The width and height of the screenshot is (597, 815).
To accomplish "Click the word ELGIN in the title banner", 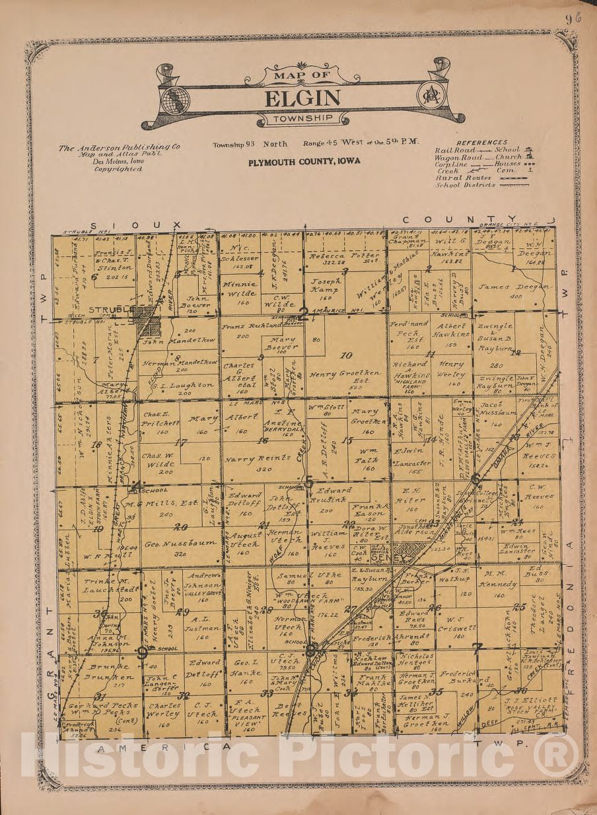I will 303,98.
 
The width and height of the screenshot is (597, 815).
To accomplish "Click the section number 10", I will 346,356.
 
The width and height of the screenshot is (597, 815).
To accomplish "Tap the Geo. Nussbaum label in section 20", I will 171,542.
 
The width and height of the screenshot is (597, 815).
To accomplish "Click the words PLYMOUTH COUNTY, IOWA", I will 304,160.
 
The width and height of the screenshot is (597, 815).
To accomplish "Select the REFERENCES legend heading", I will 481,142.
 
